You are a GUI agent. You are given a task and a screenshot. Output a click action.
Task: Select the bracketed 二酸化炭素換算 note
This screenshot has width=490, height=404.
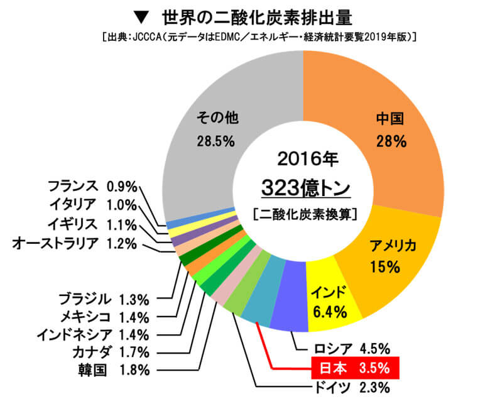pyautogui.click(x=304, y=214)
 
